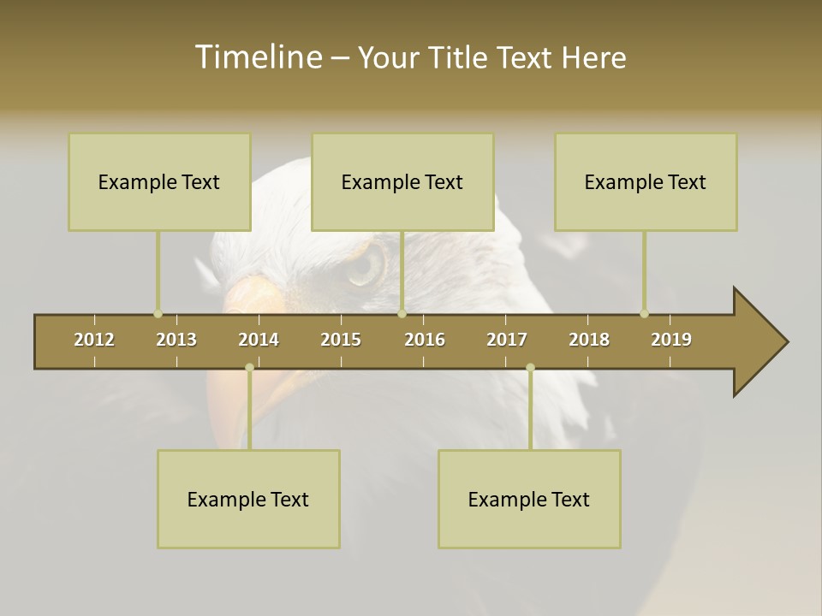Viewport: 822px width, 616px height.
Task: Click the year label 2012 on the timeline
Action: click(94, 340)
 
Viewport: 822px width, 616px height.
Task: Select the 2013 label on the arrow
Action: click(176, 340)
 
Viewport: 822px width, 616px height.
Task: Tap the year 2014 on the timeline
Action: click(259, 340)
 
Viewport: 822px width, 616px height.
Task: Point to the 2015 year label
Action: click(341, 340)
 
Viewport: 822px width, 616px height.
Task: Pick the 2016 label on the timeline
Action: click(425, 340)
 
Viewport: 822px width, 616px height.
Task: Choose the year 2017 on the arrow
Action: click(507, 340)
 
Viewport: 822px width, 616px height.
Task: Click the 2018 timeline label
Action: click(589, 340)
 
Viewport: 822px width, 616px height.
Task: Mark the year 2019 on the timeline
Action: click(671, 340)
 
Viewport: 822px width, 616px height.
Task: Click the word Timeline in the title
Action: click(257, 57)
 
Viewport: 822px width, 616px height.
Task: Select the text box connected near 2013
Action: click(159, 181)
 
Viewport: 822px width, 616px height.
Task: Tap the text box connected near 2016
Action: click(402, 181)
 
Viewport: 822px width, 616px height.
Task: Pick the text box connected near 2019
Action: click(646, 181)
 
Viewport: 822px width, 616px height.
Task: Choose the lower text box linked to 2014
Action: click(248, 499)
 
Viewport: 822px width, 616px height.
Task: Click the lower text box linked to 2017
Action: click(529, 499)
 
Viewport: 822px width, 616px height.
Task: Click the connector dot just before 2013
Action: click(158, 314)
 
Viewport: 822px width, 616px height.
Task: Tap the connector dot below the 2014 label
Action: click(249, 368)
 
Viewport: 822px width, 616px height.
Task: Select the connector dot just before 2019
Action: click(644, 314)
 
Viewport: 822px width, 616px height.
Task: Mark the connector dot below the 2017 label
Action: click(530, 368)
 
